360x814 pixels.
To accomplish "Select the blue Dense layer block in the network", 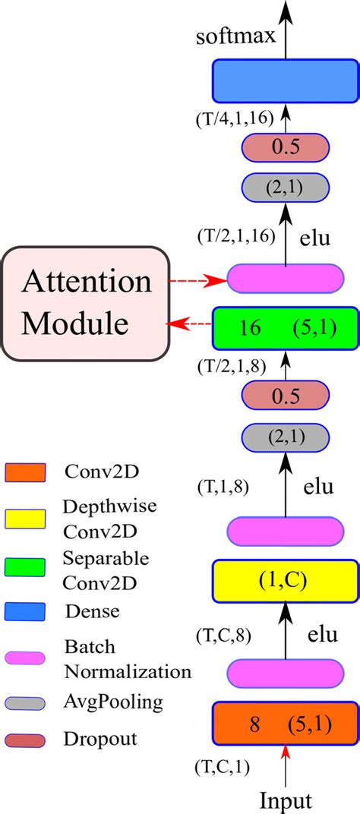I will point(285,80).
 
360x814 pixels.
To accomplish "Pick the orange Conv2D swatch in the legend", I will point(27,472).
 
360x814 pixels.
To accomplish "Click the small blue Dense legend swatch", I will point(27,610).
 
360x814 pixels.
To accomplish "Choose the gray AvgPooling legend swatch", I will point(27,703).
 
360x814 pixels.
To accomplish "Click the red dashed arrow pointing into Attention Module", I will point(188,326).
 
